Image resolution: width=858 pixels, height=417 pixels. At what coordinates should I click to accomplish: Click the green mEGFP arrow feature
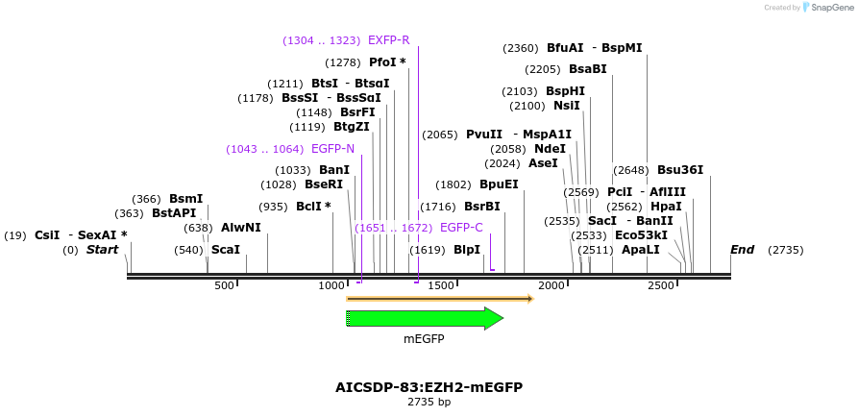pos(424,318)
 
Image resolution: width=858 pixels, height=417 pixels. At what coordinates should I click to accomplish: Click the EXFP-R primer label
pos(388,40)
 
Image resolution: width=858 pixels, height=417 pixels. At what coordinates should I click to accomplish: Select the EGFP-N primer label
pos(332,149)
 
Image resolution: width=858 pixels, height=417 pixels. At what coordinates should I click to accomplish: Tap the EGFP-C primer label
pos(461,228)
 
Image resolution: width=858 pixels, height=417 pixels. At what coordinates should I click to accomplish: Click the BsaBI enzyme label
pos(587,69)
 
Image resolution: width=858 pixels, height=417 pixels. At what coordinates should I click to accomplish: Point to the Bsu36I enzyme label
pos(680,171)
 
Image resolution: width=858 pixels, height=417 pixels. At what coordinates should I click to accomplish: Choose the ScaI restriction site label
pos(225,250)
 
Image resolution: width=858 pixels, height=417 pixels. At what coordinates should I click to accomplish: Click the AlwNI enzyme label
pos(240,228)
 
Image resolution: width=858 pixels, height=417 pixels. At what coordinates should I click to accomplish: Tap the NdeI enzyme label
pos(550,149)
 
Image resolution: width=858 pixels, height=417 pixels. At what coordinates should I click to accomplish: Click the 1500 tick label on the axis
pos(441,286)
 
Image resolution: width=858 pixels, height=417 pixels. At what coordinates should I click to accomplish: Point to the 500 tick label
pos(224,286)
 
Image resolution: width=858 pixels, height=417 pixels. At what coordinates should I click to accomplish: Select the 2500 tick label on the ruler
pos(660,286)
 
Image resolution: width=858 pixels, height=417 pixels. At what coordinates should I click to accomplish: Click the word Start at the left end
pos(102,250)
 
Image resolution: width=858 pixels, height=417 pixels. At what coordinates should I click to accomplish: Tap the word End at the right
pos(742,250)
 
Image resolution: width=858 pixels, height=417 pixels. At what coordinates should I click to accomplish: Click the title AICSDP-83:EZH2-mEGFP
pos(429,387)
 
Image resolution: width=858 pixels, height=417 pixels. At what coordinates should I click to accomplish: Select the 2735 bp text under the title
pos(429,403)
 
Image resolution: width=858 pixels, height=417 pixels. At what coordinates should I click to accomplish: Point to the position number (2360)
pos(522,48)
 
